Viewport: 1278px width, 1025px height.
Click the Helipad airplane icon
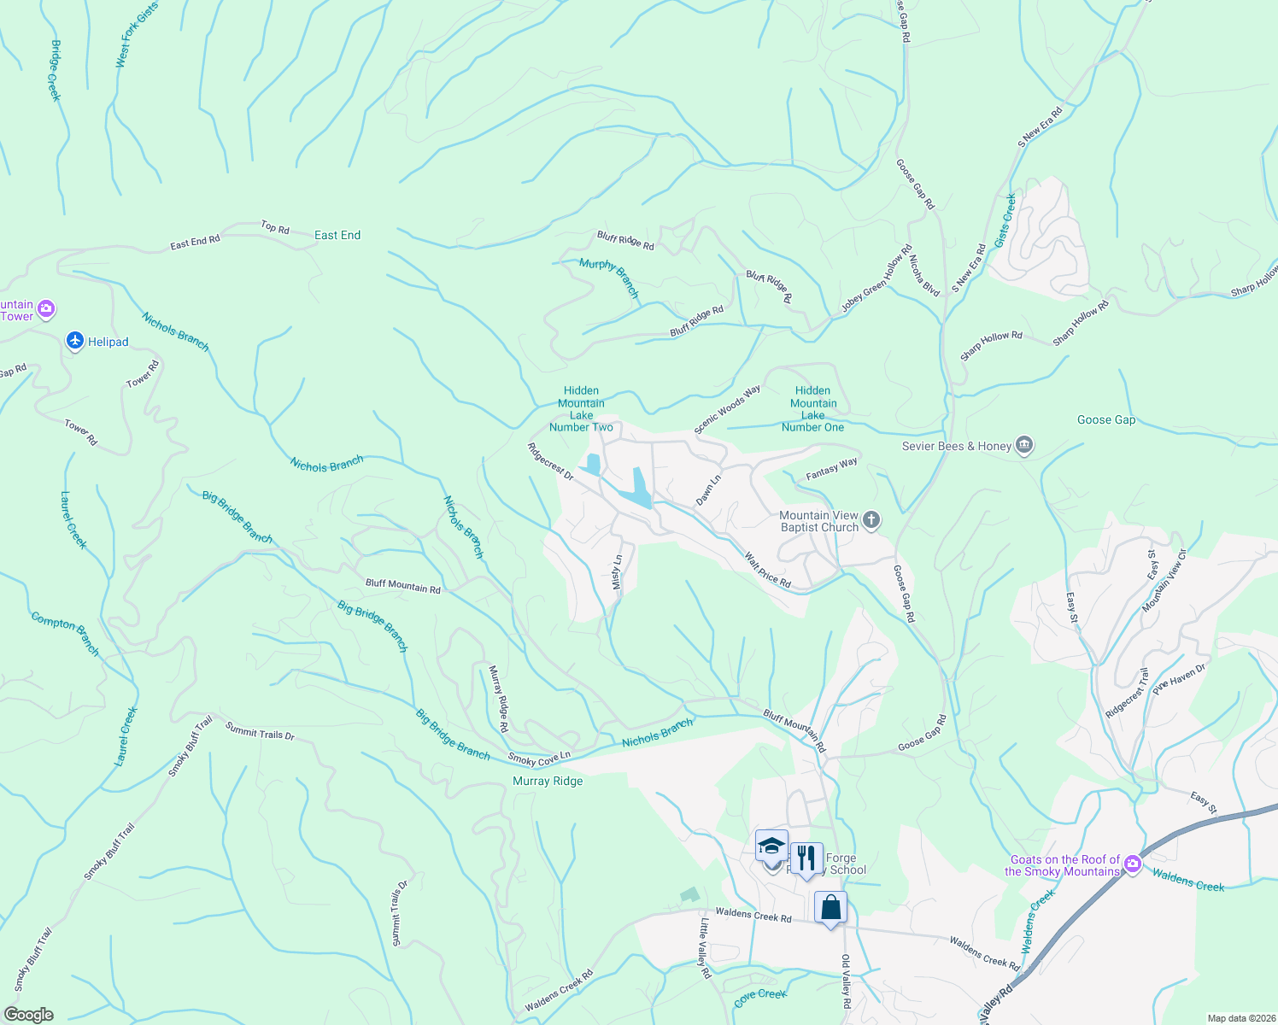[75, 342]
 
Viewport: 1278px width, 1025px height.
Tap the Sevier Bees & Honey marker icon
[1025, 445]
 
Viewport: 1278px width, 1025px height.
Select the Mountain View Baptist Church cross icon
[871, 520]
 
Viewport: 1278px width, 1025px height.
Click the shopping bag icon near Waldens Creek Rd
[830, 908]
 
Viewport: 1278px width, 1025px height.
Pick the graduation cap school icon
[771, 847]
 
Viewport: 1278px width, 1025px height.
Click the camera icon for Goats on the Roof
[1133, 864]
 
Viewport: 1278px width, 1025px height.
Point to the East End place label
[337, 235]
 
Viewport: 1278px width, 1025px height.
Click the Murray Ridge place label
[548, 781]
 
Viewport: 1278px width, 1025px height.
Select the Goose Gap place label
[1106, 419]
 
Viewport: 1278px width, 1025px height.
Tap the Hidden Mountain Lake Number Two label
[581, 408]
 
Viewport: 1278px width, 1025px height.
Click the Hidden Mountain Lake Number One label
[812, 408]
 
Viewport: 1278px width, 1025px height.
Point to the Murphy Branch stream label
[609, 277]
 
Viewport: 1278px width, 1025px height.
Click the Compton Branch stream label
[66, 634]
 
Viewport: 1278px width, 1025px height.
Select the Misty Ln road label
[617, 572]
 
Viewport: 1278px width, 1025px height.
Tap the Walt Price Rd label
[767, 571]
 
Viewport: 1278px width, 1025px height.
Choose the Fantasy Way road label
[831, 469]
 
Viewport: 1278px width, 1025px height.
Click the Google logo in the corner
[28, 1015]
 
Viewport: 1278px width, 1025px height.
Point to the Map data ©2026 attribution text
[1240, 1018]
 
